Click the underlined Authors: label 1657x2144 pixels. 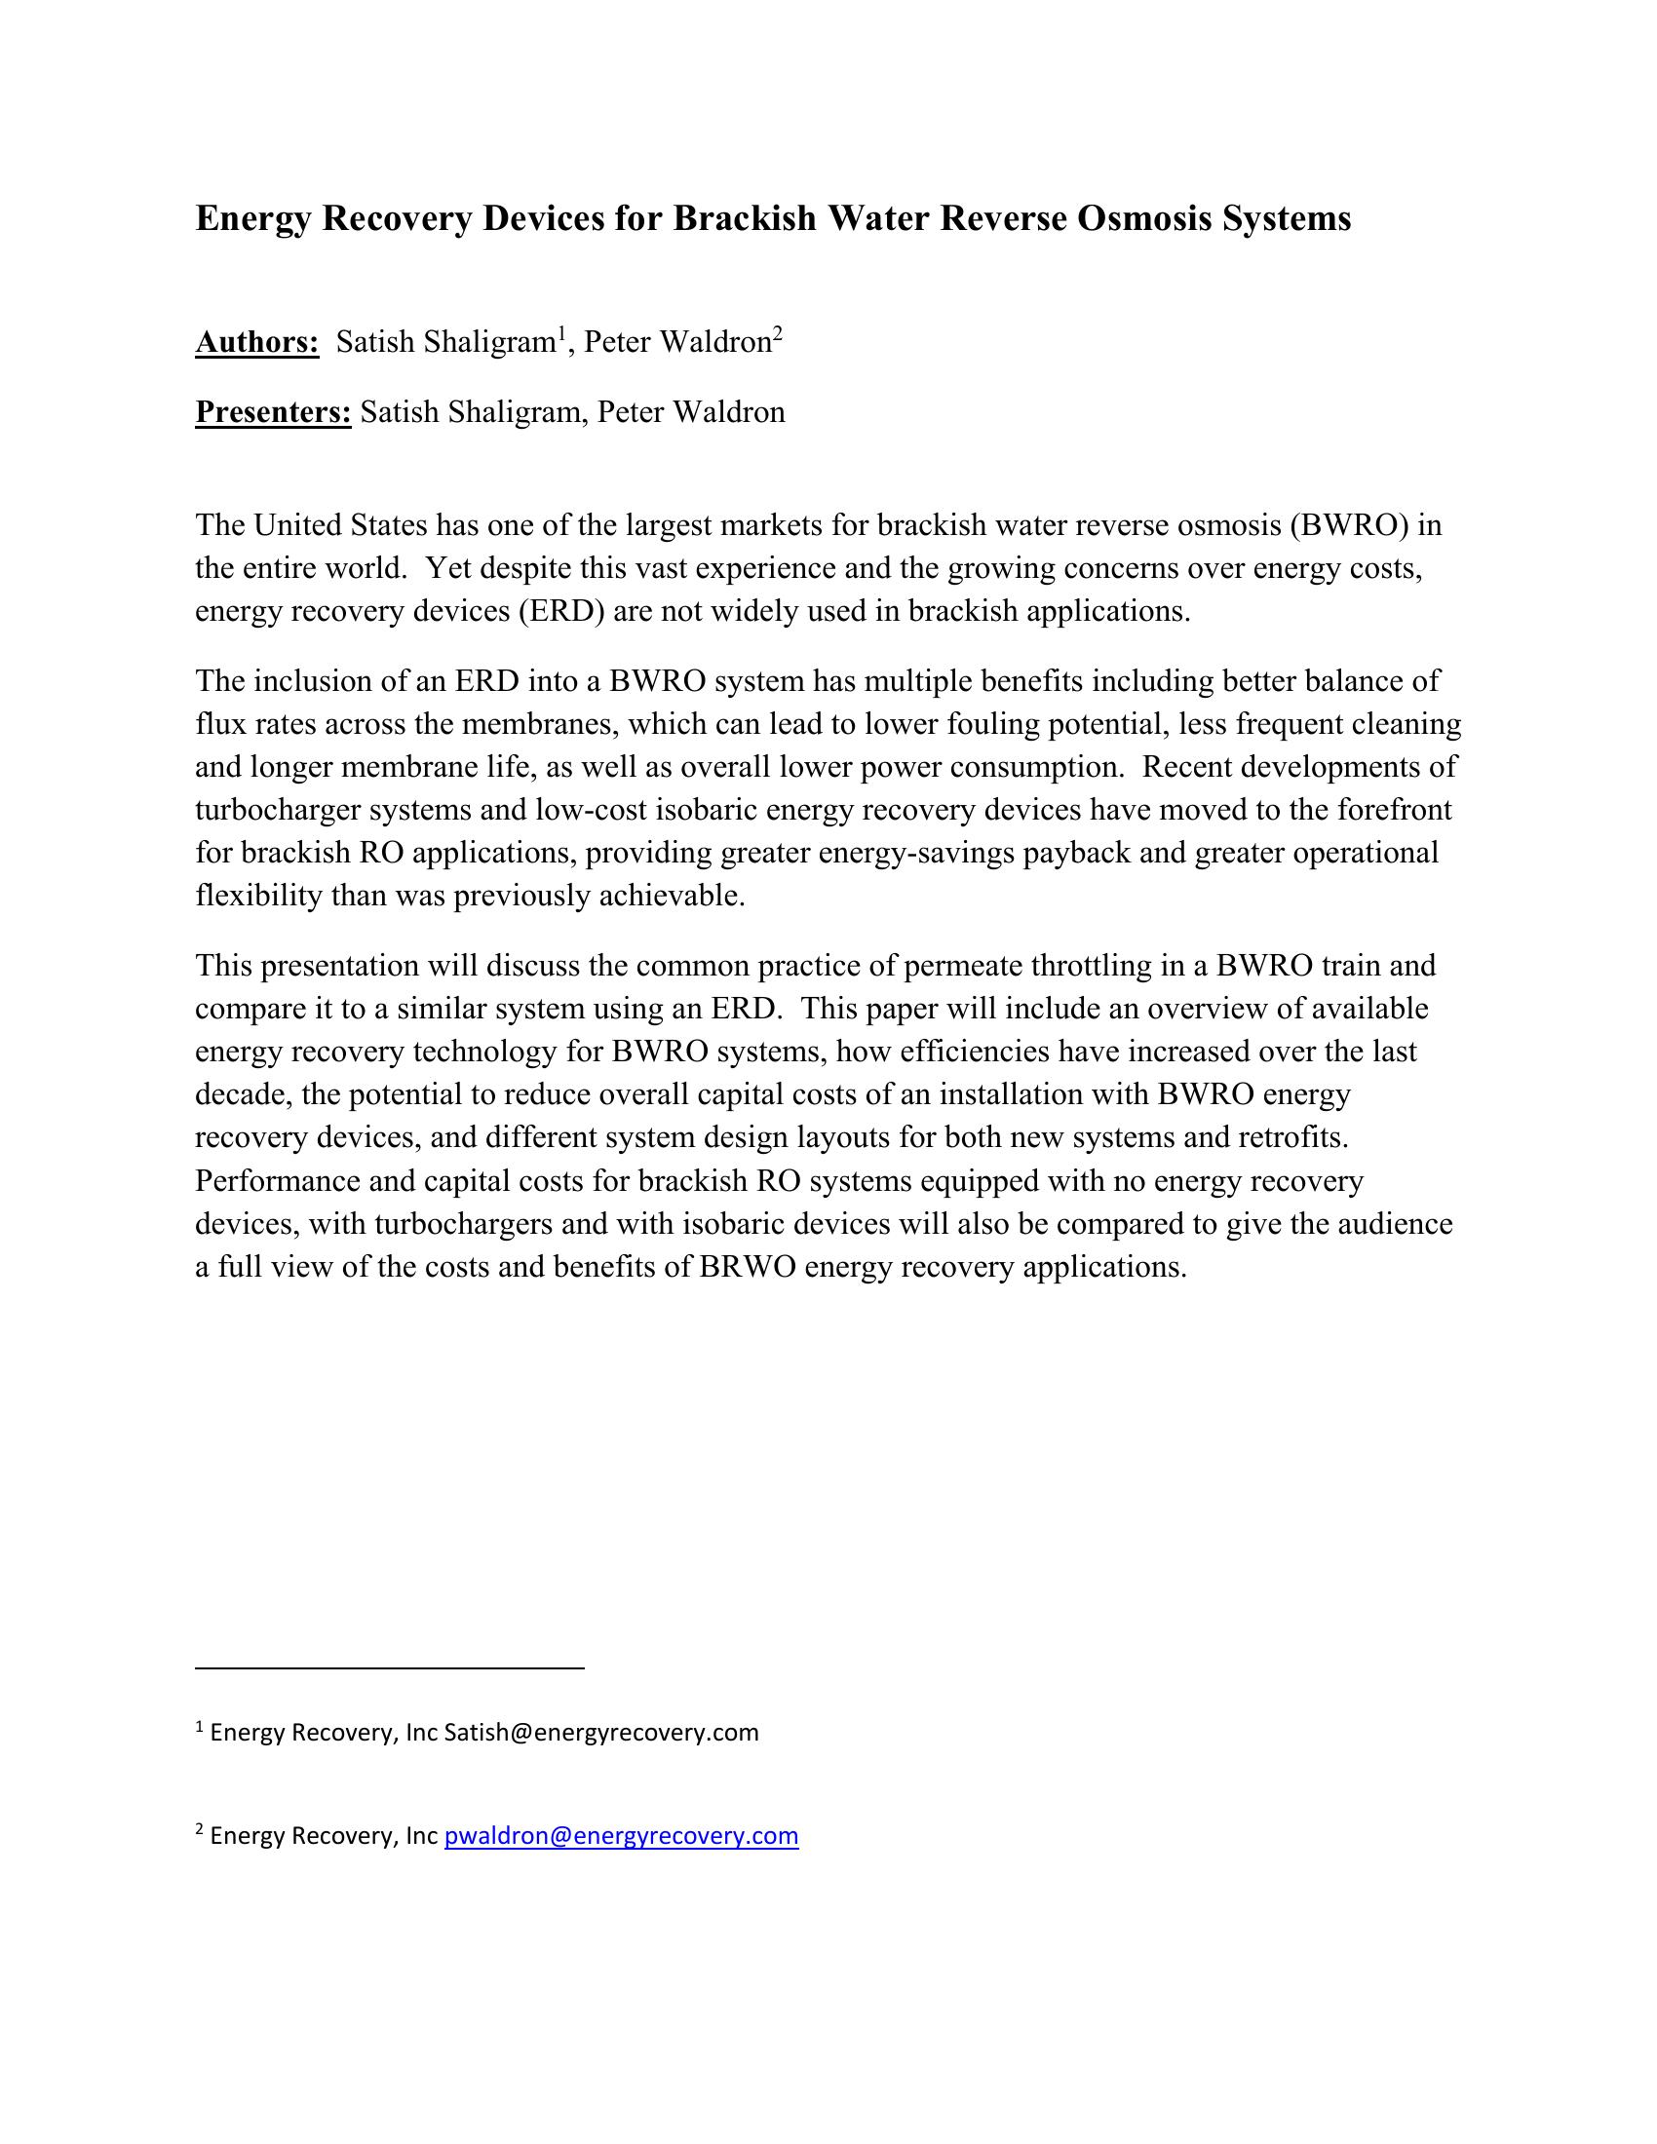[257, 343]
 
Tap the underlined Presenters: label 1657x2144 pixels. [273, 412]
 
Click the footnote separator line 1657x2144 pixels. [390, 1667]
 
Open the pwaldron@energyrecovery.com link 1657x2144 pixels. [622, 1836]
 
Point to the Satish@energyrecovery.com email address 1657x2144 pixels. [600, 1733]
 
